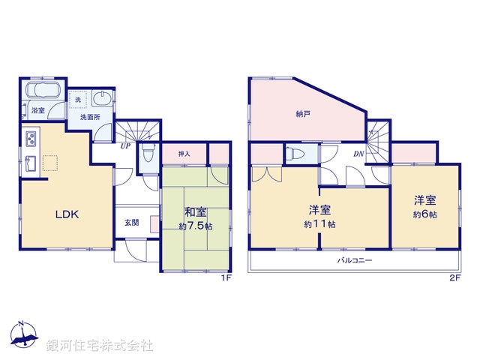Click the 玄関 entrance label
pyautogui.click(x=132, y=223)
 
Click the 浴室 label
pyautogui.click(x=37, y=111)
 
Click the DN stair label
pyautogui.click(x=358, y=154)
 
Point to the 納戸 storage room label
pyautogui.click(x=303, y=115)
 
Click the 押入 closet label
pyautogui.click(x=184, y=154)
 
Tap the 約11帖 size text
pyautogui.click(x=319, y=224)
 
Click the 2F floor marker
pyautogui.click(x=454, y=278)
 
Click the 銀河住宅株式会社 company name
pyautogui.click(x=100, y=346)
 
